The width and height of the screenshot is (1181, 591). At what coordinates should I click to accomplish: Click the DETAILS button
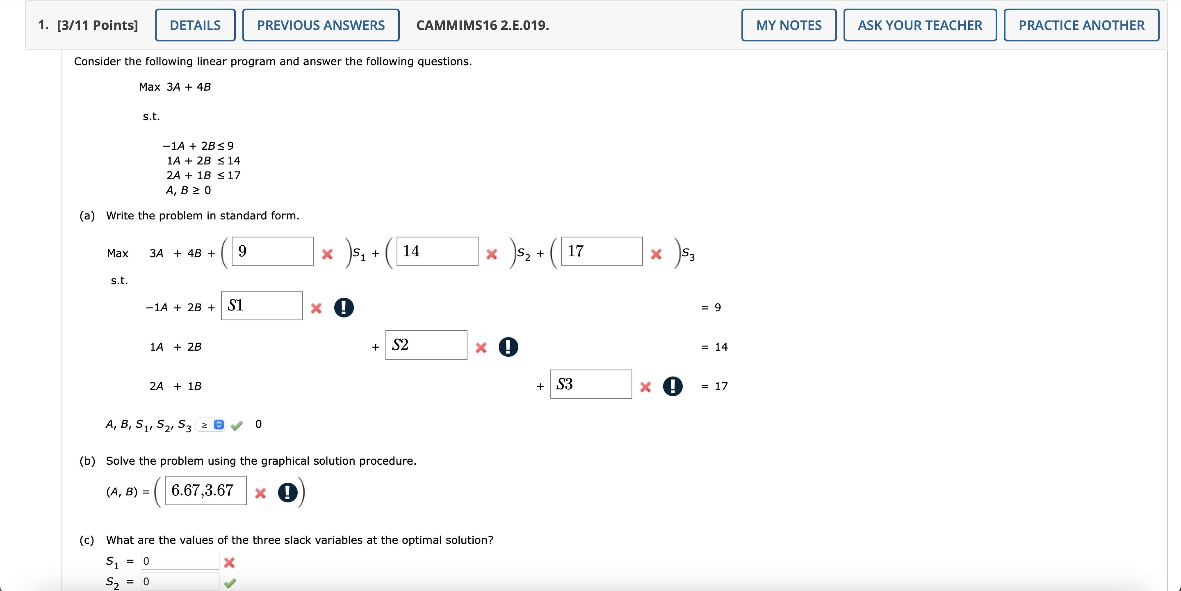(195, 25)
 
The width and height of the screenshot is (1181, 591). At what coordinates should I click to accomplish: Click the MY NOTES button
(789, 25)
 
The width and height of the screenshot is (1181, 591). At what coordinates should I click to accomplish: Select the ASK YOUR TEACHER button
(920, 25)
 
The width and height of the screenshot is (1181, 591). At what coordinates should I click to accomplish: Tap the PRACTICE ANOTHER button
(1081, 25)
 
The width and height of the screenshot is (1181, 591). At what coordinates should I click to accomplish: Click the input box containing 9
(272, 251)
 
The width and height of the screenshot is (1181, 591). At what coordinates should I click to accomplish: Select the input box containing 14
(437, 251)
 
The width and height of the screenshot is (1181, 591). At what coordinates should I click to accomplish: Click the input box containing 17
(602, 251)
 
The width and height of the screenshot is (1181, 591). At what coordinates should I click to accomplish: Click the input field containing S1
(262, 306)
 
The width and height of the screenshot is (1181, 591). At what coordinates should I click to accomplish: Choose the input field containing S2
(426, 345)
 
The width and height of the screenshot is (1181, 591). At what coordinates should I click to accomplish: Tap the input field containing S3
(590, 384)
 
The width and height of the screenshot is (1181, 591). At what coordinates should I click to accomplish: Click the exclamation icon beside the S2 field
(508, 347)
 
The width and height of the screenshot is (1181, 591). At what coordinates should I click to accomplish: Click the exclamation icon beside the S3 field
(673, 386)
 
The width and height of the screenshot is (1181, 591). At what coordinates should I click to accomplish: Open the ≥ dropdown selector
(211, 424)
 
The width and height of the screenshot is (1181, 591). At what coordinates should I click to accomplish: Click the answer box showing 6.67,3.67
(205, 491)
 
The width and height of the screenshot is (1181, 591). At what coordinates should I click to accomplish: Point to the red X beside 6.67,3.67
(260, 493)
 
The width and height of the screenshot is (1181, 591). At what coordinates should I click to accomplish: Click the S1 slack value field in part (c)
(180, 561)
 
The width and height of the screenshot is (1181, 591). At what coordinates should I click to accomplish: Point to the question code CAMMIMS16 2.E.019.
(482, 25)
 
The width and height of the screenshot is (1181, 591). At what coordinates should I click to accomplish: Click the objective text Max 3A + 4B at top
(175, 87)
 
